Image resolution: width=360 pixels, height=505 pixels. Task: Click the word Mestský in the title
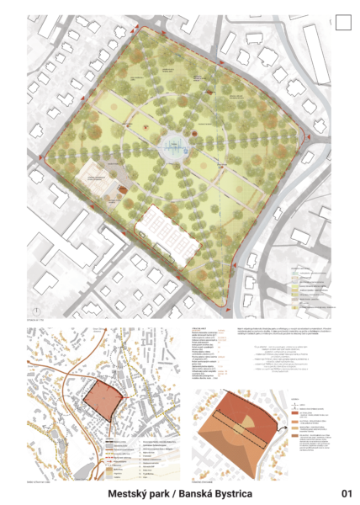click(x=135, y=492)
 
